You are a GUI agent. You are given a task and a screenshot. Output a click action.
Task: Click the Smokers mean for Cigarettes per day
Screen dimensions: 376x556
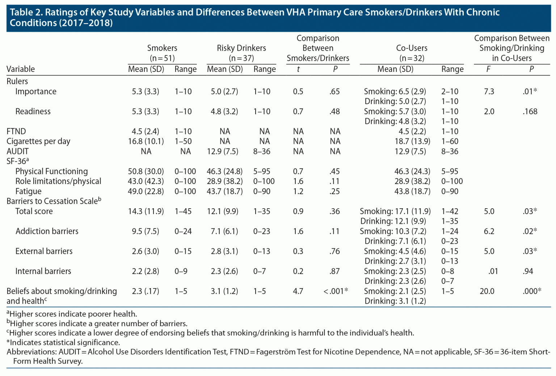146,141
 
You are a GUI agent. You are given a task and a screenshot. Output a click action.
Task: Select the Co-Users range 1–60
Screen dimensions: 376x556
450,141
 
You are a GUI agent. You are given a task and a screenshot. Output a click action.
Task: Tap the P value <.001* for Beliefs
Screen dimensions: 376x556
336,291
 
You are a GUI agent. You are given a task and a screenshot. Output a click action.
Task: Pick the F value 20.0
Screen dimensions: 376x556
487,291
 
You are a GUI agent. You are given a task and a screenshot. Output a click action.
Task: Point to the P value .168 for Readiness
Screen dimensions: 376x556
530,111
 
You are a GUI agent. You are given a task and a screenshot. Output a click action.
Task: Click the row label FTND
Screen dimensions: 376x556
16,131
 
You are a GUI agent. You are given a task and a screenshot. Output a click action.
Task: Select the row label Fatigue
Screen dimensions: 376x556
28,191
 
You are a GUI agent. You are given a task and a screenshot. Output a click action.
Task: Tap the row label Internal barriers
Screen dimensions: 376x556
43,271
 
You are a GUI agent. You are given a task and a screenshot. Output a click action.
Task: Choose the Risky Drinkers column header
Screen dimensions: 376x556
241,53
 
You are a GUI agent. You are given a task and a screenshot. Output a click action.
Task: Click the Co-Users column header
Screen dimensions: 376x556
412,53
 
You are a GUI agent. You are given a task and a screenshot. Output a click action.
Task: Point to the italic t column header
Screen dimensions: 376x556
298,69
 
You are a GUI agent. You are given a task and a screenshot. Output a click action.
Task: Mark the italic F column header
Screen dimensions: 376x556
488,69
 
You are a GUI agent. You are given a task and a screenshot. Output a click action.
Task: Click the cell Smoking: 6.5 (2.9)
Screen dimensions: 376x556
395,91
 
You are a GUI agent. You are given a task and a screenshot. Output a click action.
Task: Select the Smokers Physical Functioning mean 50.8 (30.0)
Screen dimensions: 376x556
146,171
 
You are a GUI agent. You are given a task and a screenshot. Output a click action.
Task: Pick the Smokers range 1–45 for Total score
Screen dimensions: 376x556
183,211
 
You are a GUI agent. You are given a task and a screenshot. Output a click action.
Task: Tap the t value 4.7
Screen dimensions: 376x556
298,291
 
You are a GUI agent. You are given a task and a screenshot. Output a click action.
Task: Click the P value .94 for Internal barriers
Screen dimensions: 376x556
528,271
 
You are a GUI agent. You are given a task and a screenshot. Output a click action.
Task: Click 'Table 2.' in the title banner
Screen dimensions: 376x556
26,13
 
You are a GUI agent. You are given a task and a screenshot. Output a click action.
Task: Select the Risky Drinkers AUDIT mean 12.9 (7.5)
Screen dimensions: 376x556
223,151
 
